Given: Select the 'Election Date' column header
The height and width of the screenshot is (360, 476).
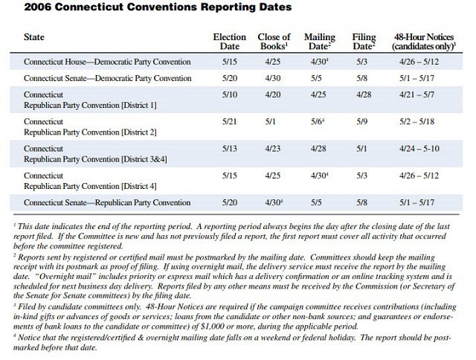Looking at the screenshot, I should (229, 42).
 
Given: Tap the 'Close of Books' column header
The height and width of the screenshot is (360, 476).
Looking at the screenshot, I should (274, 42).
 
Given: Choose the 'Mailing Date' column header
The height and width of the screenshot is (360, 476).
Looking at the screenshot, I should (320, 42).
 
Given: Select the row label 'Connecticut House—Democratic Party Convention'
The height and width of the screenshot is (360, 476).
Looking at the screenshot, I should (107, 62).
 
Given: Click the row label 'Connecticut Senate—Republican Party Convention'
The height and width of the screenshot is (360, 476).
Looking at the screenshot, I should (107, 202).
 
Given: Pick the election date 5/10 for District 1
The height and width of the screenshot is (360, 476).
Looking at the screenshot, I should (229, 95).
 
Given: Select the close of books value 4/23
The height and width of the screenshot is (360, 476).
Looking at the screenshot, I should (273, 149).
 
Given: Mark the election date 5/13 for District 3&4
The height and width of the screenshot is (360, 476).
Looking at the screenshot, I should (229, 149).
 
